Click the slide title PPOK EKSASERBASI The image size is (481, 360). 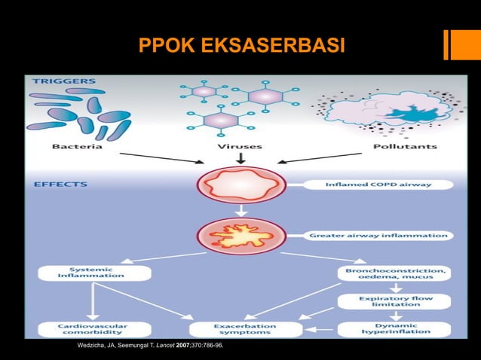[x=241, y=47]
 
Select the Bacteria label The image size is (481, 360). [x=78, y=146]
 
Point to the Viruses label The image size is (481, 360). [x=240, y=146]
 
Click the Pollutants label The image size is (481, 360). [x=404, y=146]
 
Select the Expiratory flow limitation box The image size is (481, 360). [x=394, y=301]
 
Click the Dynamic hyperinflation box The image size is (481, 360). [x=394, y=329]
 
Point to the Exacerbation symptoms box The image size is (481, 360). [x=246, y=329]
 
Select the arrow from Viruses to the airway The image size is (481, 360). [x=240, y=158]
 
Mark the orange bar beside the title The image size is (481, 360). [x=457, y=44]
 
